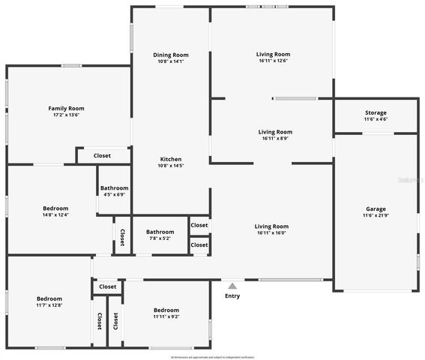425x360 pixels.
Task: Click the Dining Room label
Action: [171, 55]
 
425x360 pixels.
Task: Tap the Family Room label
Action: [66, 108]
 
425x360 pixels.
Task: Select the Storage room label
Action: [376, 112]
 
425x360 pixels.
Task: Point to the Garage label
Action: [376, 209]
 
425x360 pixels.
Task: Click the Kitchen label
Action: [171, 159]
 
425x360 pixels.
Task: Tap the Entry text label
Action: [232, 295]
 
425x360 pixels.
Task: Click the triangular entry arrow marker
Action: [232, 286]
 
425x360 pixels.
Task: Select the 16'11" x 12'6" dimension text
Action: [273, 61]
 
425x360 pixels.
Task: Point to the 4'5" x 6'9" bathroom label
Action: [115, 194]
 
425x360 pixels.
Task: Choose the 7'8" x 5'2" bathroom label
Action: [160, 238]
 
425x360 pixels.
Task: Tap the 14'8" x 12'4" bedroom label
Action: [55, 214]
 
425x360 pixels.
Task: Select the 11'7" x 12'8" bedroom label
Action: [49, 305]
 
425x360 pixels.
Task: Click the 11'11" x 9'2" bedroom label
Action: [166, 316]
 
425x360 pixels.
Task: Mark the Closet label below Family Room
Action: [102, 156]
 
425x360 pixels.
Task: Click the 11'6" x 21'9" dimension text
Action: [376, 216]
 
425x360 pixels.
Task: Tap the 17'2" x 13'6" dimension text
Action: [66, 115]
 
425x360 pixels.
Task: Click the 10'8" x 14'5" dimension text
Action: [171, 166]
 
